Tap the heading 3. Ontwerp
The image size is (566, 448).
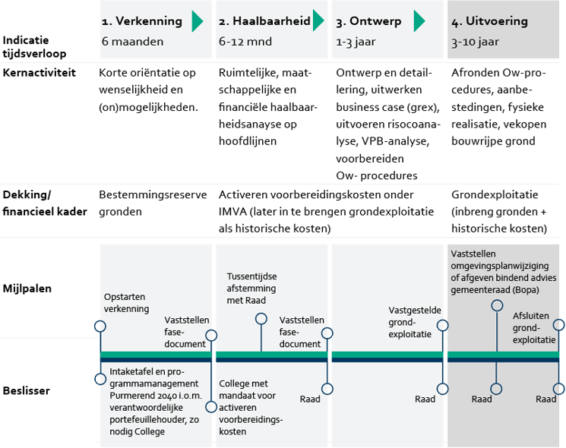point(369,21)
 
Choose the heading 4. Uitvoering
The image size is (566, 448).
point(489,21)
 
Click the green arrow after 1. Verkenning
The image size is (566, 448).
point(198,21)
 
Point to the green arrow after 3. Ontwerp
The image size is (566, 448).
point(419,21)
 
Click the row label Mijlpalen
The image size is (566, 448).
point(27,289)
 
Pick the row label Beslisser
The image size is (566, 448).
point(27,390)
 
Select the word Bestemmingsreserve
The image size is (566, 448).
point(153,194)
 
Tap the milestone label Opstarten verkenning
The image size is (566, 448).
point(126,303)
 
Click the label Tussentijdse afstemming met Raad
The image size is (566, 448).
point(251,289)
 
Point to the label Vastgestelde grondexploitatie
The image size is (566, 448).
point(410,322)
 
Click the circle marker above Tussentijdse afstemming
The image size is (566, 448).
point(261,319)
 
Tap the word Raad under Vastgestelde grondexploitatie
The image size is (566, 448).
point(425,399)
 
